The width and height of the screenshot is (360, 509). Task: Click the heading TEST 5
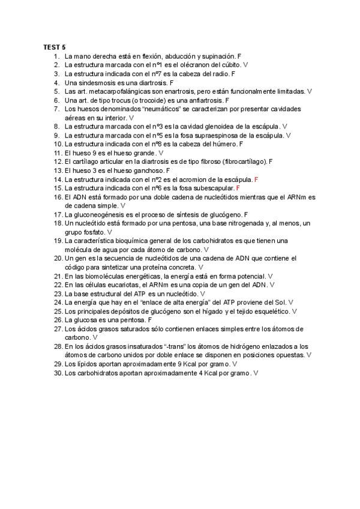55,46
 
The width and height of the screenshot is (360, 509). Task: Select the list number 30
58,373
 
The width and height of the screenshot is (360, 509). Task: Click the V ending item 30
256,373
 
